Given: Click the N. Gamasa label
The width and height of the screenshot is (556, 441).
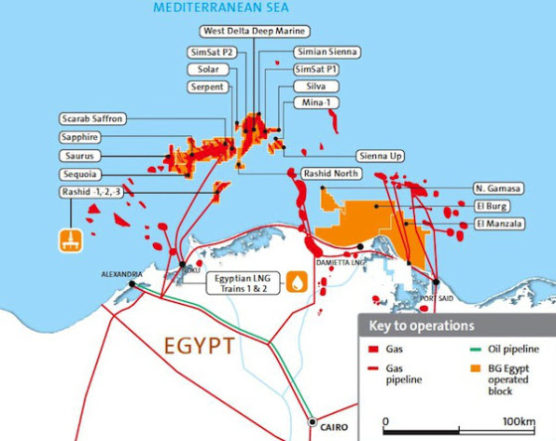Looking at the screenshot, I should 491,189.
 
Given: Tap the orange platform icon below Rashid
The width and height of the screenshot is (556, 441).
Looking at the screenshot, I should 69,239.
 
